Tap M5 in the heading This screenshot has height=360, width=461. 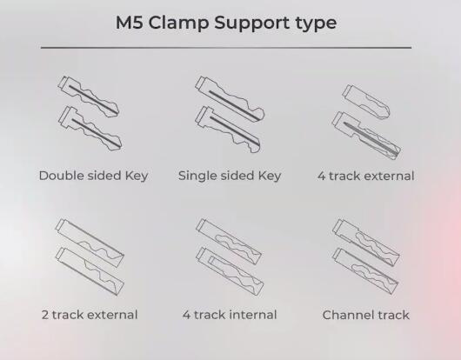point(130,23)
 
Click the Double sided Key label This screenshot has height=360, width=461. point(93,176)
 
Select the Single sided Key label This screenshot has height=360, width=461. point(230,176)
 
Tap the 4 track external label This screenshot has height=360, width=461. point(365,176)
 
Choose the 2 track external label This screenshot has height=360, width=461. point(90,315)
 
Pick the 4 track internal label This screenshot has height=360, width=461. point(230,315)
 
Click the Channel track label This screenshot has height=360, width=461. point(365,315)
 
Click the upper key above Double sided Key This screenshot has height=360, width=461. point(88,97)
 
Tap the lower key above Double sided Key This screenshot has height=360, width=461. point(90,129)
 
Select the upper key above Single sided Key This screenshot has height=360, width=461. point(230,98)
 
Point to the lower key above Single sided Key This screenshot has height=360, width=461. point(228,130)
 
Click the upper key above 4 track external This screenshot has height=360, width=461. point(366,102)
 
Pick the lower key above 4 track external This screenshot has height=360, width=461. point(366,136)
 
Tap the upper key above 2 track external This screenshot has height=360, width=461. point(90,239)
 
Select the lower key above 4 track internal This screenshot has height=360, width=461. point(230,272)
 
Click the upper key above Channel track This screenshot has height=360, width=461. point(366,243)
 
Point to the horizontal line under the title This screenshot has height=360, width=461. point(226,47)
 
